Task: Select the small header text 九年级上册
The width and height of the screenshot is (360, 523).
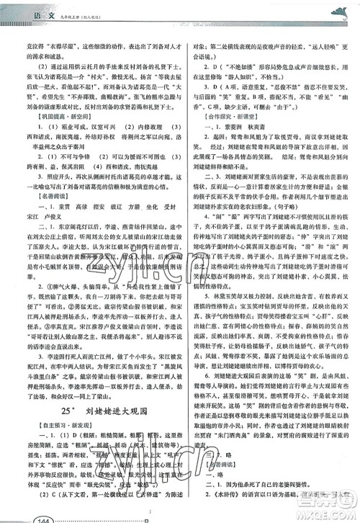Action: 72,10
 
